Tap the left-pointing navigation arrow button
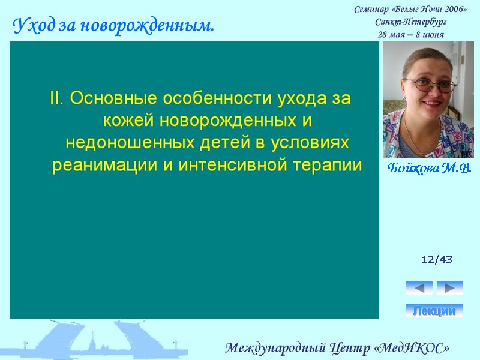point(419,288)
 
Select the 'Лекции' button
point(434,311)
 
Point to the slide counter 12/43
point(437,260)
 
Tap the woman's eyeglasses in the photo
point(430,85)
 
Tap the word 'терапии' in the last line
point(328,165)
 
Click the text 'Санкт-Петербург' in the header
point(410,22)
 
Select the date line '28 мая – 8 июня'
point(410,34)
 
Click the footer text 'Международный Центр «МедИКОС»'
point(337,348)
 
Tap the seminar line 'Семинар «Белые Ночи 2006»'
point(410,10)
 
